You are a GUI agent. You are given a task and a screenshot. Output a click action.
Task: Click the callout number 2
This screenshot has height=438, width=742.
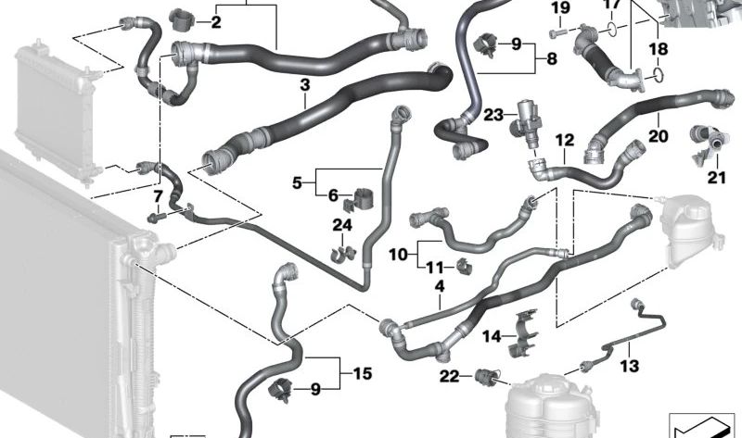pos(215,22)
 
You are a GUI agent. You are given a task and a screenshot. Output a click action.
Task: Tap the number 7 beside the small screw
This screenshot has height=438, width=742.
pos(159,196)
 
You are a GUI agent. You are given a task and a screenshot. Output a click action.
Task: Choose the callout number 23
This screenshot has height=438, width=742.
pos(493,116)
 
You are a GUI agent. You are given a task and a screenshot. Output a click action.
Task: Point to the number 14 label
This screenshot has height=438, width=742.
pos(492,336)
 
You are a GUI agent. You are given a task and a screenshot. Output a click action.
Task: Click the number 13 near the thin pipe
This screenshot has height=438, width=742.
pos(630,368)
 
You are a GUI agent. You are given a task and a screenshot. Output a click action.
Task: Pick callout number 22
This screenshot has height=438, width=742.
pos(450,375)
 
